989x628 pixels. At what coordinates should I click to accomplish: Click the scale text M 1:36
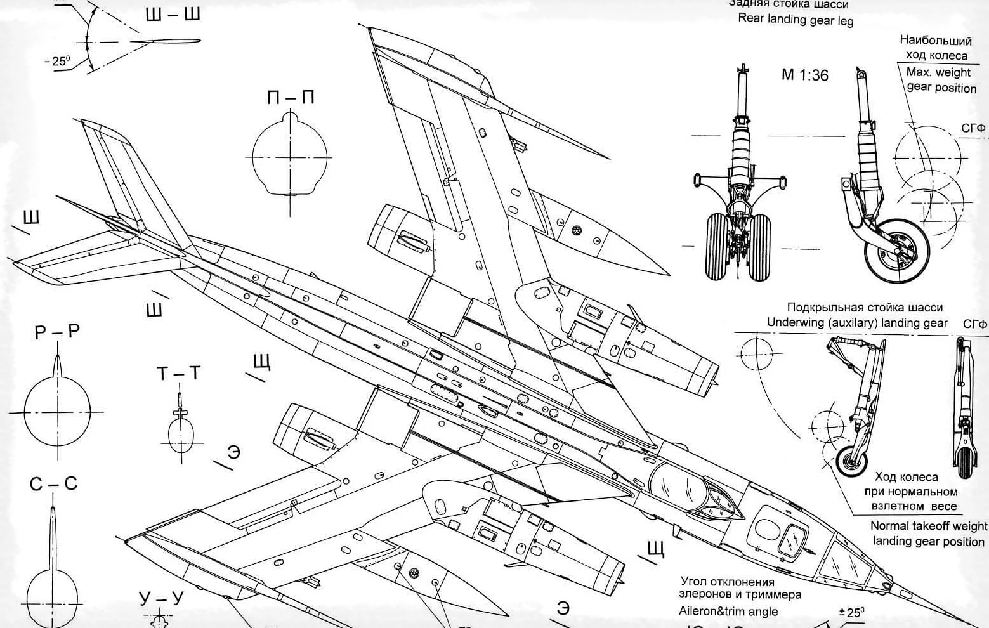804,75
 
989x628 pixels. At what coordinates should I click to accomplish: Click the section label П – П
291,98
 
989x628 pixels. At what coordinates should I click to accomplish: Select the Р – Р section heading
57,332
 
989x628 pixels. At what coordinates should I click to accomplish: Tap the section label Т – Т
178,374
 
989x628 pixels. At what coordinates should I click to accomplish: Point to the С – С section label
53,484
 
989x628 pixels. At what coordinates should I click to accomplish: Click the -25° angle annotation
57,62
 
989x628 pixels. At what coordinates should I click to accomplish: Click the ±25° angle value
851,613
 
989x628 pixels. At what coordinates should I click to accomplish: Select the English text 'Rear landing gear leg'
796,20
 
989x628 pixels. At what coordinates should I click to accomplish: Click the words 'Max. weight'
938,72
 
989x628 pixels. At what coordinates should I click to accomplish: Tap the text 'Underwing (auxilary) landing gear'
857,323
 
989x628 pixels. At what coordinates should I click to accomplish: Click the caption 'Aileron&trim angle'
728,612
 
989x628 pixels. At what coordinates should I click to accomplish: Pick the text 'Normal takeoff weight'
928,526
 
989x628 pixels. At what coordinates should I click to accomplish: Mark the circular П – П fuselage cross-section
291,156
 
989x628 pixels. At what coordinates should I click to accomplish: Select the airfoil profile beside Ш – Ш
166,41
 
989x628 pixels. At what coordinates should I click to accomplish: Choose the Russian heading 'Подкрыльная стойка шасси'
865,308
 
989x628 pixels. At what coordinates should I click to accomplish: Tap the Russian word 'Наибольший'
936,41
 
